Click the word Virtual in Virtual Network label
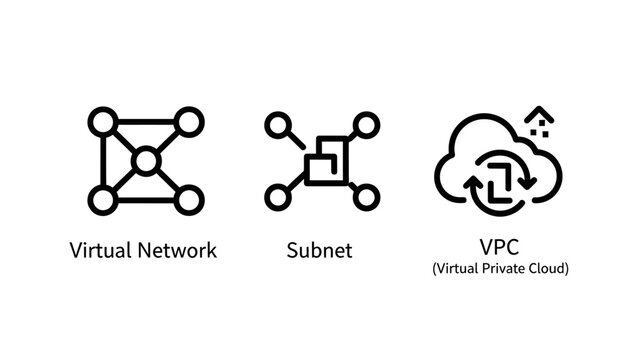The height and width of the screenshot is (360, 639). pyautogui.click(x=97, y=250)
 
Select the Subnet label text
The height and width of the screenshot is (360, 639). pyautogui.click(x=319, y=250)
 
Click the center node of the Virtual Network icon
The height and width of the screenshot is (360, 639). pyautogui.click(x=145, y=160)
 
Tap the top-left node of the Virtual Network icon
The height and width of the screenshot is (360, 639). pyautogui.click(x=103, y=123)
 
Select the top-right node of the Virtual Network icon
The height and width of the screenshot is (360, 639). pyautogui.click(x=187, y=123)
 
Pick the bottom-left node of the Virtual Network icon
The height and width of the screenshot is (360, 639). pyautogui.click(x=103, y=198)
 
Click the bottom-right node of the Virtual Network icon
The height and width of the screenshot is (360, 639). pyautogui.click(x=187, y=198)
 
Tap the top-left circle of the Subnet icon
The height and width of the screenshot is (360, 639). pyautogui.click(x=276, y=125)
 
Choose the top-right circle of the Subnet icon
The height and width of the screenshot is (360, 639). pyautogui.click(x=366, y=125)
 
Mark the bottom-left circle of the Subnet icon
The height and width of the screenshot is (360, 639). pyautogui.click(x=276, y=195)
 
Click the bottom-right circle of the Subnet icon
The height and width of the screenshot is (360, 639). pyautogui.click(x=366, y=195)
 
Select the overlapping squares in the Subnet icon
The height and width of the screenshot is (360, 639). pyautogui.click(x=322, y=160)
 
